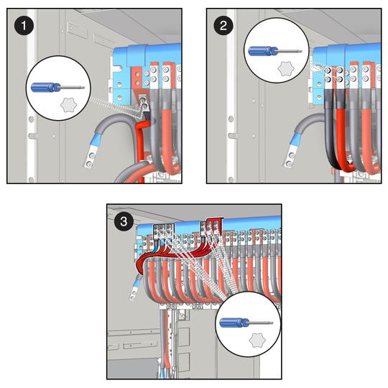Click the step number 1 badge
(x=24, y=25)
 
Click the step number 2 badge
(x=223, y=25)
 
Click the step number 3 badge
(x=124, y=221)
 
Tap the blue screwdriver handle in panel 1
(x=45, y=88)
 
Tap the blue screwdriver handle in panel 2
(x=263, y=51)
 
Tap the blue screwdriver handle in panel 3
(x=234, y=323)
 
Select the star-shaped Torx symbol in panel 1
(x=68, y=105)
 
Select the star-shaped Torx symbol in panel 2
(x=286, y=68)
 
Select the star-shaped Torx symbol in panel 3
(x=257, y=340)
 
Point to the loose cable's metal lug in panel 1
(x=91, y=157)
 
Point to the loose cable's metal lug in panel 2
(x=290, y=157)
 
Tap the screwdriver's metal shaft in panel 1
(x=73, y=88)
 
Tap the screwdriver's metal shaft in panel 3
(x=261, y=323)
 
